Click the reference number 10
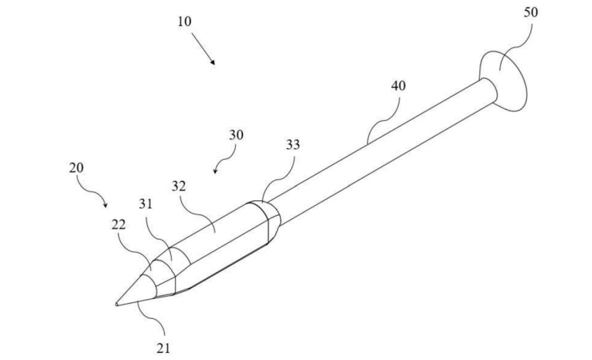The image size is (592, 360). click(x=184, y=21)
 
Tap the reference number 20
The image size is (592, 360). click(x=77, y=168)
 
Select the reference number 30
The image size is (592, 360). click(x=236, y=135)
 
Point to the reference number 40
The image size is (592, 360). click(x=398, y=85)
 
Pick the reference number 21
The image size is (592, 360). click(x=162, y=346)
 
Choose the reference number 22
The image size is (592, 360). click(x=119, y=225)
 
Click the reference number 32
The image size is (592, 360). click(x=179, y=187)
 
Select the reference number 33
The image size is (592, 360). click(x=293, y=145)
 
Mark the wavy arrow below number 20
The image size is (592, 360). click(x=97, y=192)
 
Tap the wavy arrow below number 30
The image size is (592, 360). click(x=225, y=161)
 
